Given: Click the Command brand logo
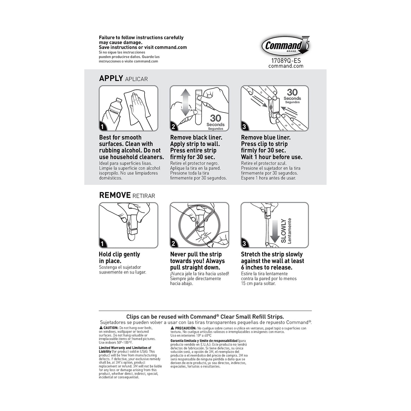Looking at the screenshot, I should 285,46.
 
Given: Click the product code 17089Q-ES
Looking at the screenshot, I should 286,61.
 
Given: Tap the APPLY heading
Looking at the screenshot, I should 111,78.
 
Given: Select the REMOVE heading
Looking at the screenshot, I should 115,195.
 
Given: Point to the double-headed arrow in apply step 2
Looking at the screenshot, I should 186,102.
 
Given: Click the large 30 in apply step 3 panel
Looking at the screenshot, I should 292,92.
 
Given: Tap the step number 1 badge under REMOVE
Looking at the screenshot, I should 102,244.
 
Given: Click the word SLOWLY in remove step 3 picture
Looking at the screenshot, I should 283,231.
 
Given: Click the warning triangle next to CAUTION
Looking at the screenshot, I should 101,328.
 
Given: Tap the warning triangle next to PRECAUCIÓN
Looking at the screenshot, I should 172,328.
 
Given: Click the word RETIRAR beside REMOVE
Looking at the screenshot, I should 144,196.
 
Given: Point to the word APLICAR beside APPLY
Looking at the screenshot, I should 136,79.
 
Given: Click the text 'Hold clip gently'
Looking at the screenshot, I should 119,254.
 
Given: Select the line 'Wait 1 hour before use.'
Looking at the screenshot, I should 272,157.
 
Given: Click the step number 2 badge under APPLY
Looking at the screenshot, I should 173,127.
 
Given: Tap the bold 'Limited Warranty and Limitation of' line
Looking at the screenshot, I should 125,348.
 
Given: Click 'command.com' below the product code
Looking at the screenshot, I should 286,66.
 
